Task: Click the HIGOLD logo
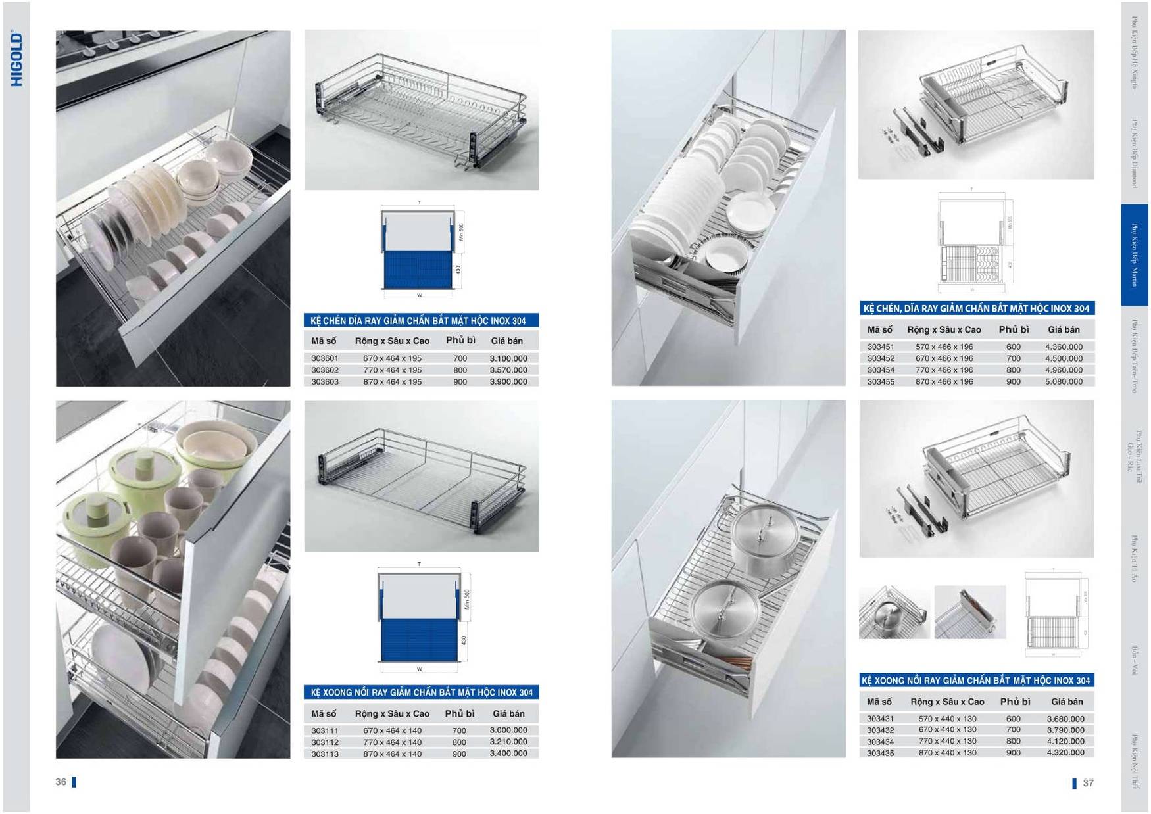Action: [x=17, y=59]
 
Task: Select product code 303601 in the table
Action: [x=324, y=358]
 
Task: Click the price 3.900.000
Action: [x=508, y=381]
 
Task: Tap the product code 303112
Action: [x=324, y=742]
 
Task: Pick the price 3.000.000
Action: [x=508, y=730]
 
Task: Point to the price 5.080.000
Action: [x=1064, y=381]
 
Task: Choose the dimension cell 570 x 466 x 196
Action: [x=944, y=347]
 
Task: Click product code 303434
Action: [x=880, y=742]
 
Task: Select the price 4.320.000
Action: [x=1065, y=752]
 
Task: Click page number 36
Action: [x=61, y=782]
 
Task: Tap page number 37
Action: [x=1088, y=782]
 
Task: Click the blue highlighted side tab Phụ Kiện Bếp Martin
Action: [x=1134, y=255]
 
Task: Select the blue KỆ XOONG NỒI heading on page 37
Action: [x=976, y=681]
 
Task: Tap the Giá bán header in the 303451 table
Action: [x=1064, y=329]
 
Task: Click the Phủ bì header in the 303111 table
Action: [x=459, y=713]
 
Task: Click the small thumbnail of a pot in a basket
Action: [x=893, y=612]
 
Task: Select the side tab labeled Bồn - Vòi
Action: [x=1134, y=661]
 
